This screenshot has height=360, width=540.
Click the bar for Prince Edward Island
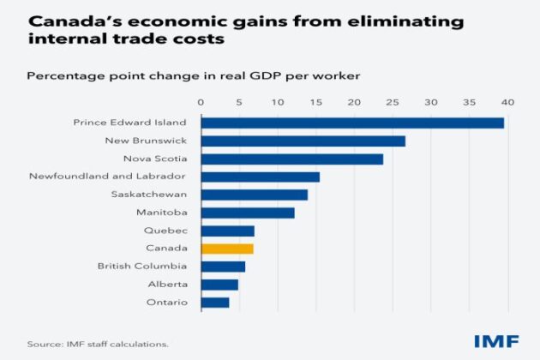coord(352,123)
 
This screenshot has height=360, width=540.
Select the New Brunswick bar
coord(303,141)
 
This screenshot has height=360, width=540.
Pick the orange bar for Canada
coord(227,249)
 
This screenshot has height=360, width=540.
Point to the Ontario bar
coord(215,303)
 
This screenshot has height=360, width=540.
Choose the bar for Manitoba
coord(248,213)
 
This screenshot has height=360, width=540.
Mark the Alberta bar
coord(219,285)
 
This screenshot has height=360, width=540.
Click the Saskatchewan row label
coord(149,195)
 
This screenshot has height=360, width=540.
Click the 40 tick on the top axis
coord(507,103)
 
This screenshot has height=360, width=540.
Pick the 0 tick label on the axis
coord(201,103)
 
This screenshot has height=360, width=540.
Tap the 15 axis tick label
coord(315,103)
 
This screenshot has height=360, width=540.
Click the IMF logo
coord(496,341)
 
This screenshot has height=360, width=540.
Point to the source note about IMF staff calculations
coord(98,344)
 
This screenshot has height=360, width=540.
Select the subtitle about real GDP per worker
coord(193,75)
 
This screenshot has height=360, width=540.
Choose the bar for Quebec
coord(228,231)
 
